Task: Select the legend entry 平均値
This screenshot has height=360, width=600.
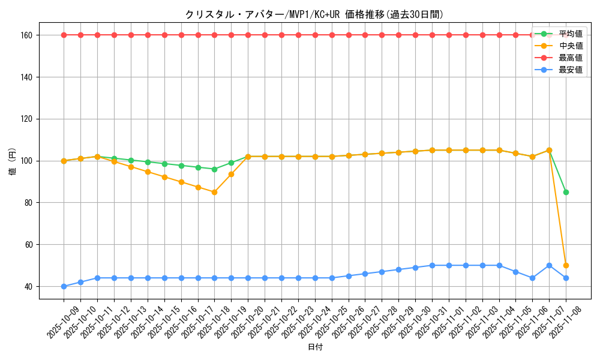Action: (570, 34)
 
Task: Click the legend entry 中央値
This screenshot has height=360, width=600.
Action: (570, 46)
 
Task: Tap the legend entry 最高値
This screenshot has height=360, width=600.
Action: (570, 58)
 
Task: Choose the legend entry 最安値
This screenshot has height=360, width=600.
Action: (570, 70)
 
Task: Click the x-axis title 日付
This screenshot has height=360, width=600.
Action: (314, 347)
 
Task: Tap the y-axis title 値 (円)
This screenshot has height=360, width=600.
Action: (13, 161)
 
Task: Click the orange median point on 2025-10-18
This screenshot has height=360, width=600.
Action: (214, 192)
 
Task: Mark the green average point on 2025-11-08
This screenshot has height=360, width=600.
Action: (566, 192)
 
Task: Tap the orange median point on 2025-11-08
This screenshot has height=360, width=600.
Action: (566, 265)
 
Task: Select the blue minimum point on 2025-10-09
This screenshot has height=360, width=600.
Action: (64, 286)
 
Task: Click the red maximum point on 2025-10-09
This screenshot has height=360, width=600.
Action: (64, 35)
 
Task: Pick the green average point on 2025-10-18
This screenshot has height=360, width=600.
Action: (214, 169)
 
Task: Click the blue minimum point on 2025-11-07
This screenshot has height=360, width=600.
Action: (549, 265)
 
